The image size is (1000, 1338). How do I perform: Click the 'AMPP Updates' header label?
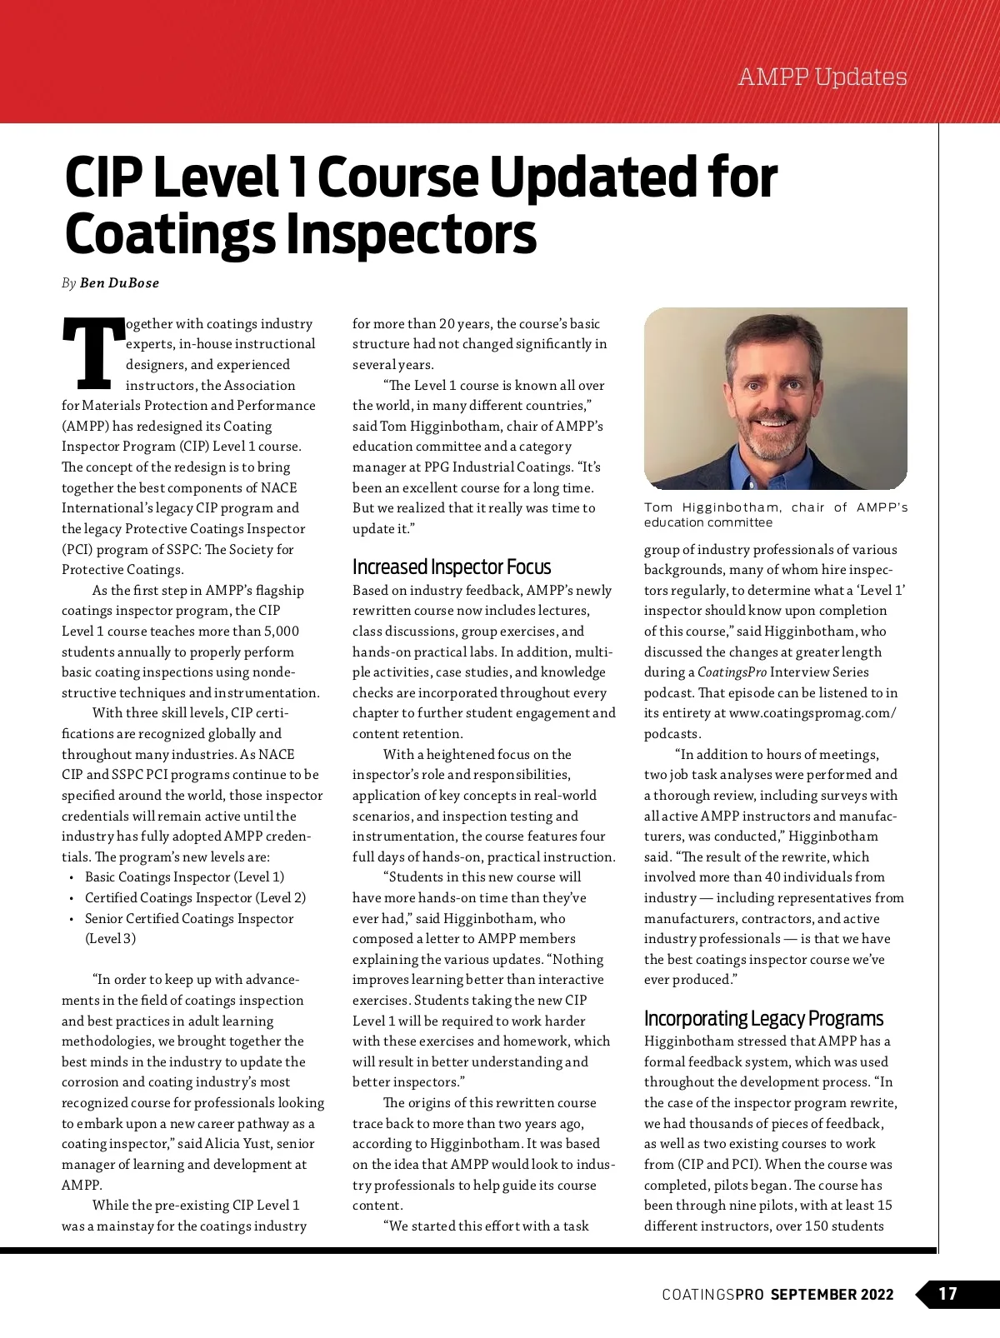tap(822, 77)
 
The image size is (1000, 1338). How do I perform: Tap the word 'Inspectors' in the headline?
tap(412, 234)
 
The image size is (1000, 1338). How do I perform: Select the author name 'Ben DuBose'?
tap(119, 283)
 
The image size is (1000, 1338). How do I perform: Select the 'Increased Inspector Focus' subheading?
tap(452, 567)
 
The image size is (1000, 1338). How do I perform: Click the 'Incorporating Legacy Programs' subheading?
tap(763, 1018)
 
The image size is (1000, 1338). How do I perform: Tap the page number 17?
tap(948, 1294)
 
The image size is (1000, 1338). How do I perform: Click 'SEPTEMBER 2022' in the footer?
tap(832, 1295)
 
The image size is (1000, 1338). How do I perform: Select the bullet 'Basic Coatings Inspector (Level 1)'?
tap(184, 877)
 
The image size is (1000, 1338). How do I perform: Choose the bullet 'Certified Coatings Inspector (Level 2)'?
tap(195, 898)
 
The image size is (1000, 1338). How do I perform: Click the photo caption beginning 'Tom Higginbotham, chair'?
tap(775, 515)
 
